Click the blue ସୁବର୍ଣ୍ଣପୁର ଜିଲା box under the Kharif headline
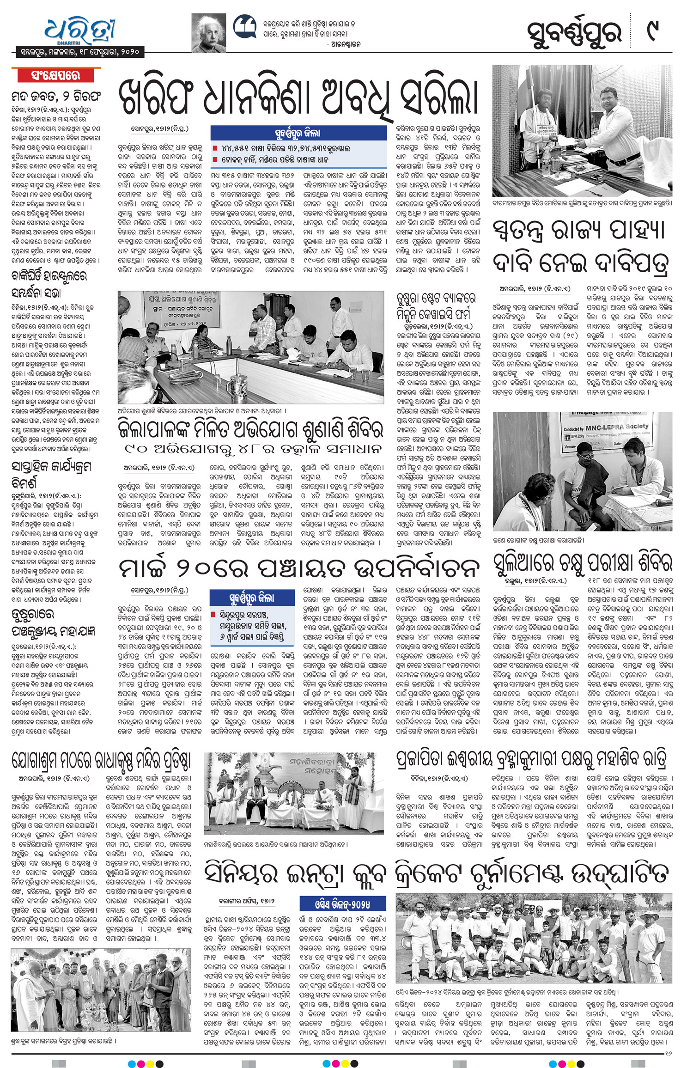[x=298, y=133]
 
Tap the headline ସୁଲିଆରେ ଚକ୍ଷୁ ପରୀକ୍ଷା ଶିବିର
[x=582, y=562]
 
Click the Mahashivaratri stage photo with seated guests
[x=294, y=793]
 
